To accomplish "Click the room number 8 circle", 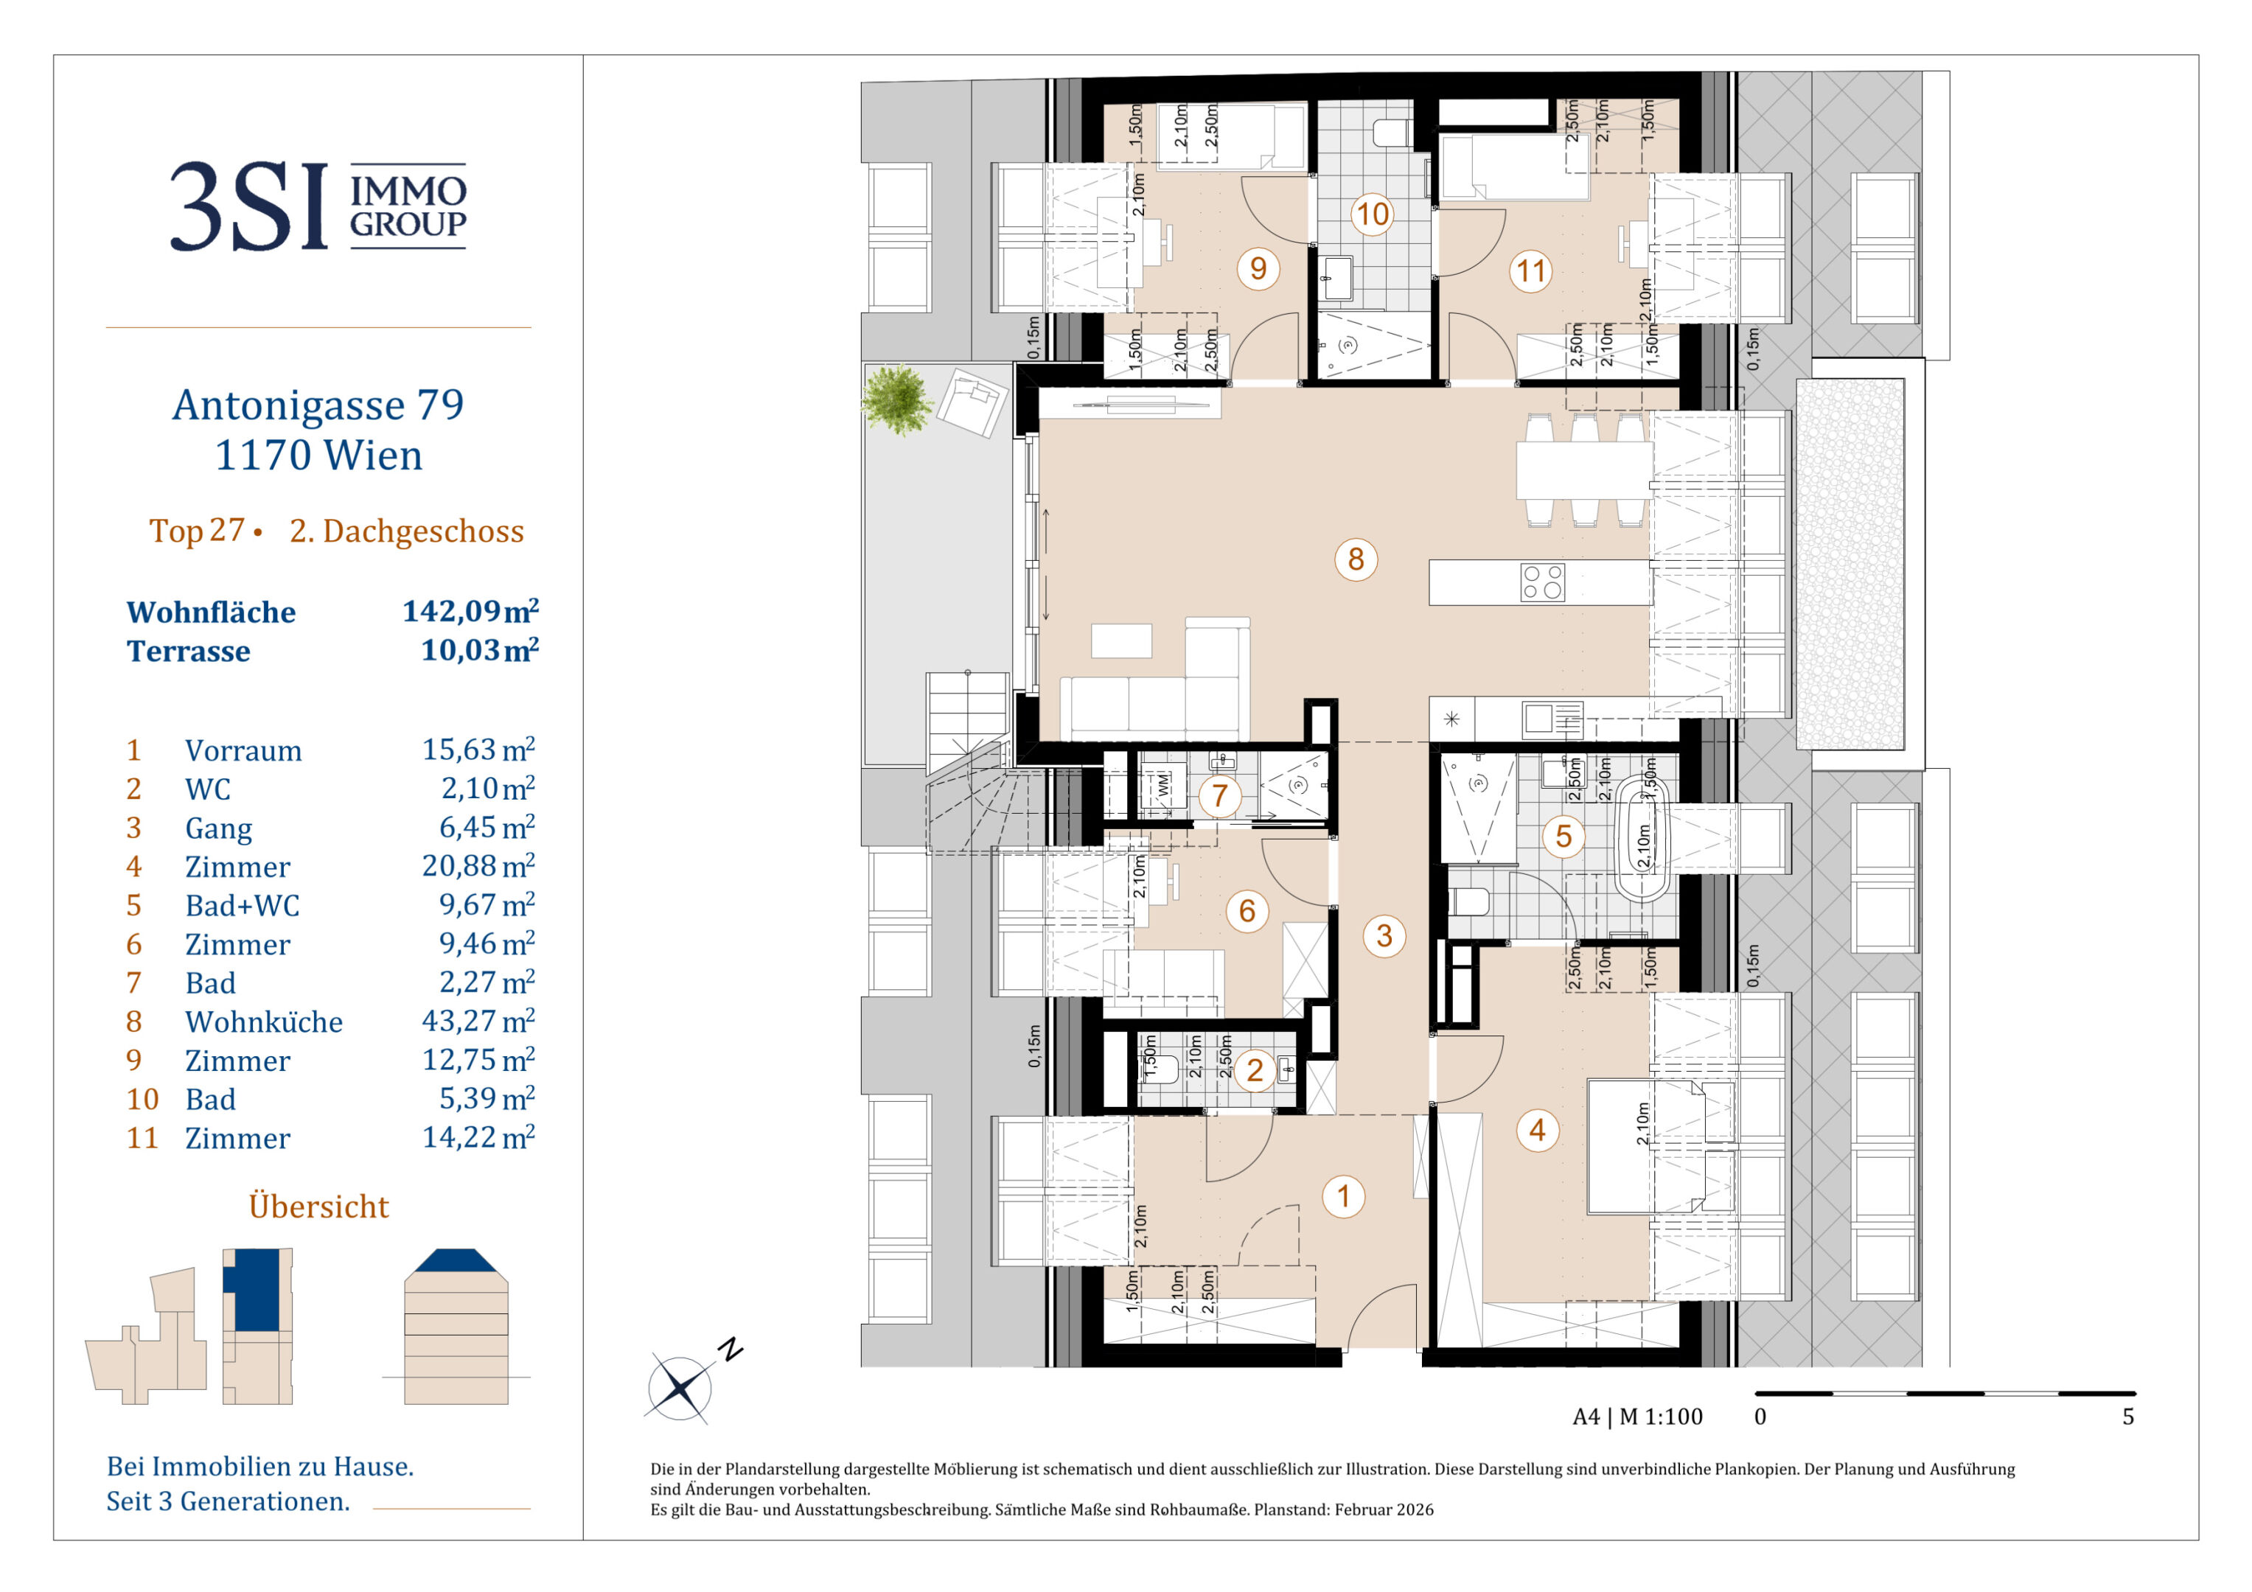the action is pos(1356,559).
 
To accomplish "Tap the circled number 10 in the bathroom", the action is pos(1372,214).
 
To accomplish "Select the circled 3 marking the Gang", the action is pos(1384,936).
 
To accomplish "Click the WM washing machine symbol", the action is pos(1163,785).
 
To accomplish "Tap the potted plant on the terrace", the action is pos(896,399).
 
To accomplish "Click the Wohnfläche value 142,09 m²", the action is pos(470,611).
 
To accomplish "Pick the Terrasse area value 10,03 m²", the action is pos(480,649).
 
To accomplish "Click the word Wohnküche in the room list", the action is pos(264,1022).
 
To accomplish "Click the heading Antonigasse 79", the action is pos(318,405).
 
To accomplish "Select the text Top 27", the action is pos(196,531).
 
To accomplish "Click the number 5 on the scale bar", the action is pos(2128,1417).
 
